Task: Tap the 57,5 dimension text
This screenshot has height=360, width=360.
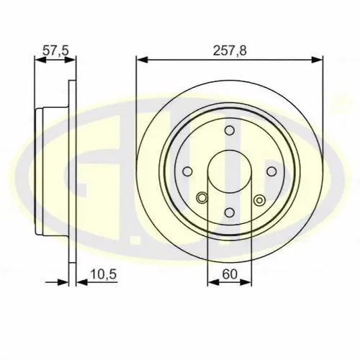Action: tap(55, 50)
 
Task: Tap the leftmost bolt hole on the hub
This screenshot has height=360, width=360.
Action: tap(189, 171)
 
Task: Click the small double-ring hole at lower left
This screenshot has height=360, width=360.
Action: tap(202, 199)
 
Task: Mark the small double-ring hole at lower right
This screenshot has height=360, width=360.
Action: tap(258, 199)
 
